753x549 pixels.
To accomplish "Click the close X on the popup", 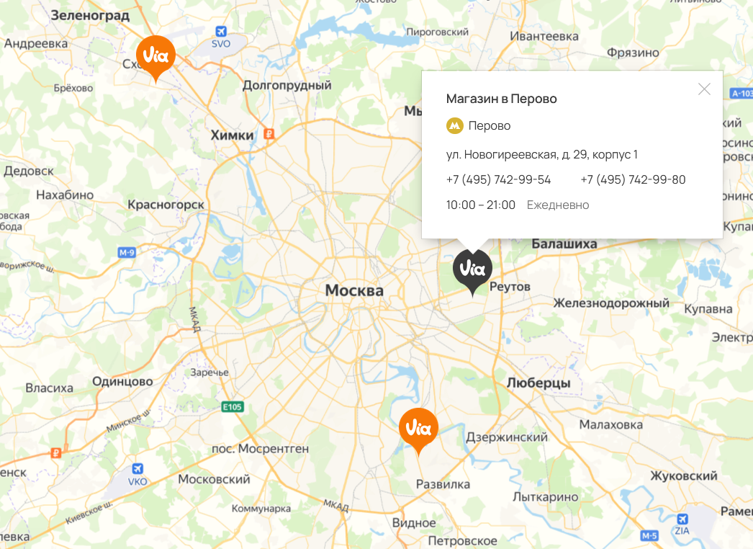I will point(704,89).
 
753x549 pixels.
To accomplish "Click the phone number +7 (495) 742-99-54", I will point(498,179).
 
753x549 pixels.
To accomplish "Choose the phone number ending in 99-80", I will point(633,179).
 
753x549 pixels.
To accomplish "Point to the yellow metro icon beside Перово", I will point(454,126).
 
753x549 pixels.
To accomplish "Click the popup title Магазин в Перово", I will point(501,99).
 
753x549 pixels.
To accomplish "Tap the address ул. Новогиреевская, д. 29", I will point(541,154).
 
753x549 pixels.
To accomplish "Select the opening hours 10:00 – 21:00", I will point(480,205).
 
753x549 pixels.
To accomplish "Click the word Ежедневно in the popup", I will point(558,205).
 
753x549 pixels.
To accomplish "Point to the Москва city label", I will point(354,290).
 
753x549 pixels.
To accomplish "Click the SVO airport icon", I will point(221,32).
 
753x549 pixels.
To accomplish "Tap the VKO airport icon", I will point(137,468).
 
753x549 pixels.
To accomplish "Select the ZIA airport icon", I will point(682,519).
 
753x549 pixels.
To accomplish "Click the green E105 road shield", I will point(233,407).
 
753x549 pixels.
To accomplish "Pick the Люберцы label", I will point(538,383).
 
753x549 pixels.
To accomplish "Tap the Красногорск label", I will point(166,205).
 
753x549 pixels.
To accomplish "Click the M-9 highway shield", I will point(127,252).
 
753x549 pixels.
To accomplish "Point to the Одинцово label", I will point(122,382).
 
